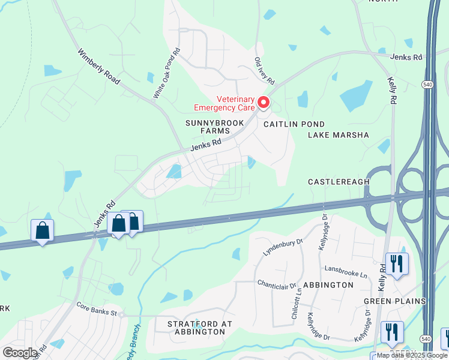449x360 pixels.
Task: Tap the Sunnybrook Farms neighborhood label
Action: coord(207,127)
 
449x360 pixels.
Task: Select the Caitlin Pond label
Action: coord(286,123)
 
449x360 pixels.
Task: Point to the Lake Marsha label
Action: coord(338,135)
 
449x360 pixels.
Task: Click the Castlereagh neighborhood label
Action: coord(337,181)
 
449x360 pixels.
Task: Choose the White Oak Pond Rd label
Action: coord(167,74)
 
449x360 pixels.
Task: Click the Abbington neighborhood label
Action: coord(328,285)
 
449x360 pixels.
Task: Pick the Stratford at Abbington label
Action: coord(199,328)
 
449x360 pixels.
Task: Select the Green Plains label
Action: coord(394,301)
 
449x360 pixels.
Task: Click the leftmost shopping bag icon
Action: coord(42,230)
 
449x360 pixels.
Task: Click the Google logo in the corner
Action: coord(20,353)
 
